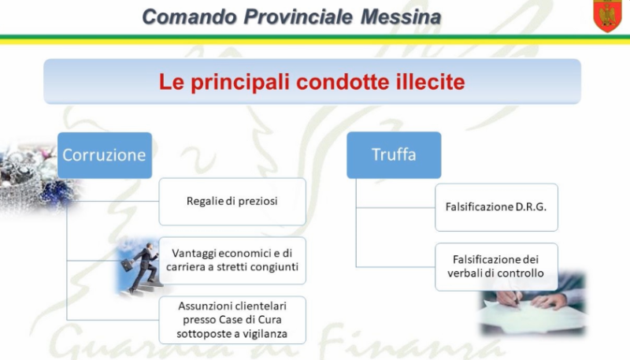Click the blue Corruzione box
(105, 155)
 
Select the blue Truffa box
(394, 154)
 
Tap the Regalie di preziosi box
(232, 202)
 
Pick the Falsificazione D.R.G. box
(496, 207)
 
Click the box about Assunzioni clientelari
(232, 320)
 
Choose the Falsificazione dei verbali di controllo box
(496, 266)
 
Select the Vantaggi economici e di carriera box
(232, 261)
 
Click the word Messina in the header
(401, 17)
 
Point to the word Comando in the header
(189, 17)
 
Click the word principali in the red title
(240, 83)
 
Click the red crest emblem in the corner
(607, 16)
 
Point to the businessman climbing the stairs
(145, 267)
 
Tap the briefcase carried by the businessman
(127, 265)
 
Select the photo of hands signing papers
(533, 303)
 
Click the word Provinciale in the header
(298, 17)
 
